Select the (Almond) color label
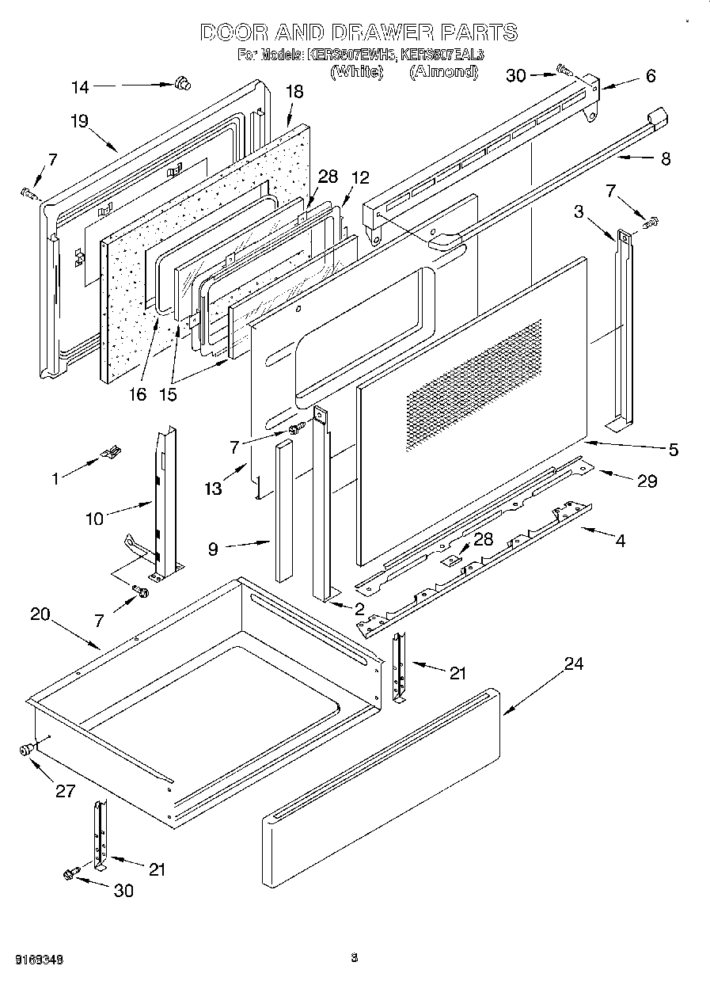(x=444, y=72)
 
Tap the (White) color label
(x=356, y=72)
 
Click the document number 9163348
(x=39, y=959)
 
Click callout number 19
(x=78, y=121)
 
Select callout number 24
(x=573, y=664)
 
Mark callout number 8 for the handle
(x=665, y=158)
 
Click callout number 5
(x=673, y=450)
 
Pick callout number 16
(x=138, y=394)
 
